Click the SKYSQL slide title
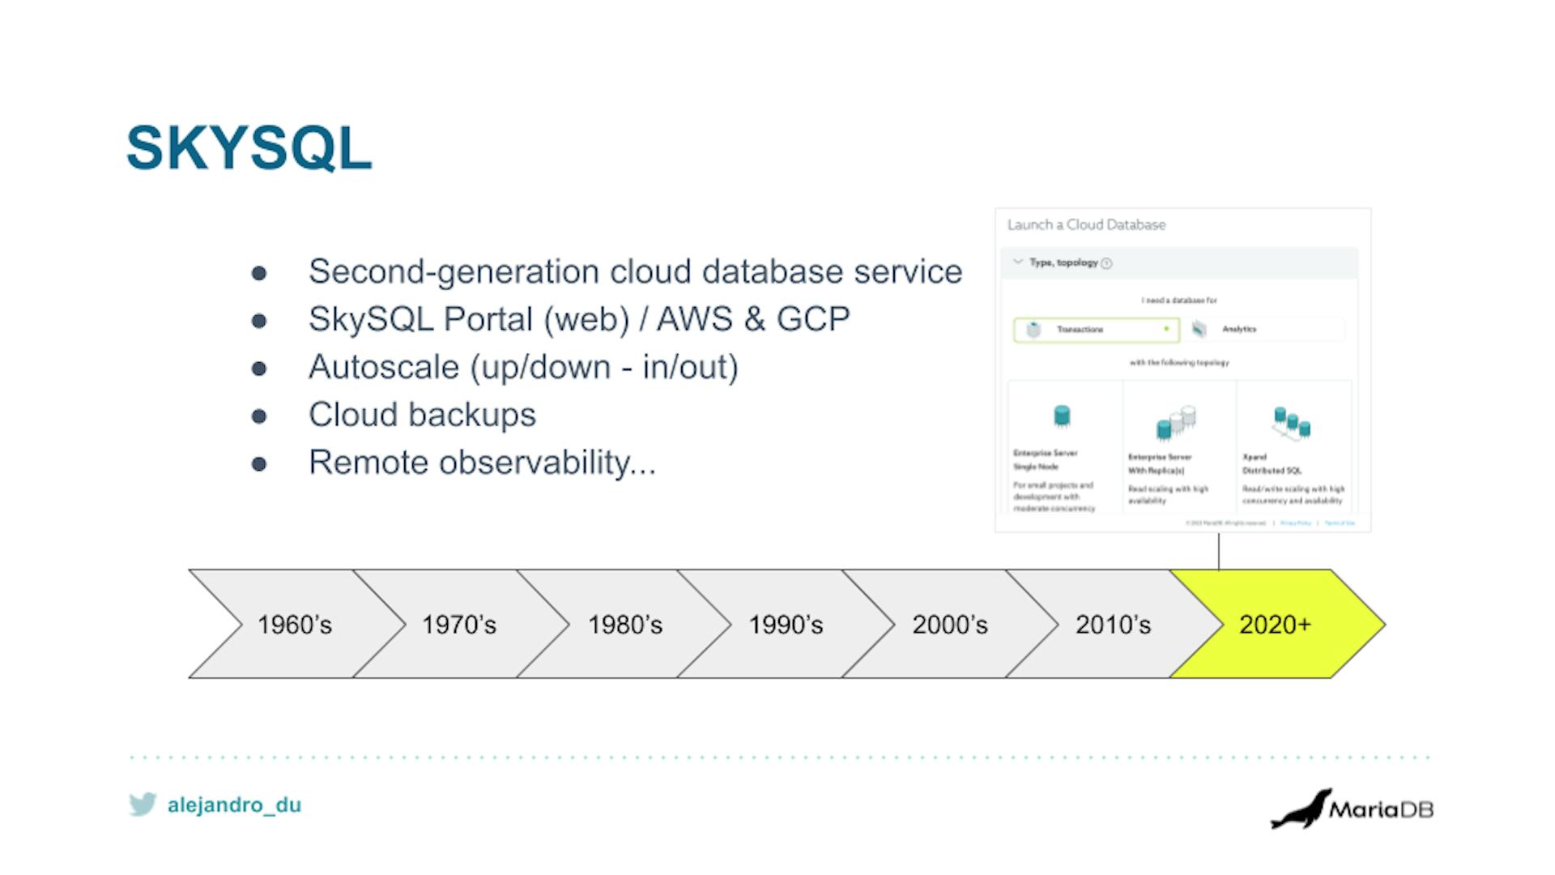(249, 148)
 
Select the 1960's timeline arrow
(295, 625)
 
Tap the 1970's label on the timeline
(458, 625)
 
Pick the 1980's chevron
(624, 625)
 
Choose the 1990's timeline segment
(786, 625)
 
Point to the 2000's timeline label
(950, 625)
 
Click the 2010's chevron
(1113, 625)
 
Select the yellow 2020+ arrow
(1275, 625)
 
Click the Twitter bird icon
(143, 804)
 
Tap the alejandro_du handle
(234, 805)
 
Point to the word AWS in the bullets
(694, 319)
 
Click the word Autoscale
(384, 367)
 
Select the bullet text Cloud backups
(422, 415)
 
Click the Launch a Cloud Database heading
(1086, 225)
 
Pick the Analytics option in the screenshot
(1238, 329)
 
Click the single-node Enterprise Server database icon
(1062, 416)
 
